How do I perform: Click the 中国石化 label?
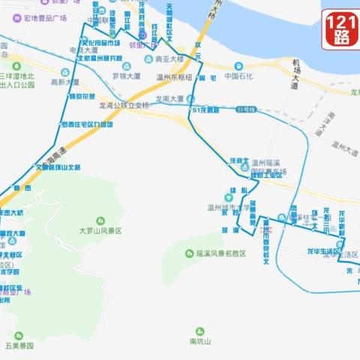[238, 76]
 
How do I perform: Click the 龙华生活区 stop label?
[325, 250]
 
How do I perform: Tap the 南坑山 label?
[200, 341]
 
